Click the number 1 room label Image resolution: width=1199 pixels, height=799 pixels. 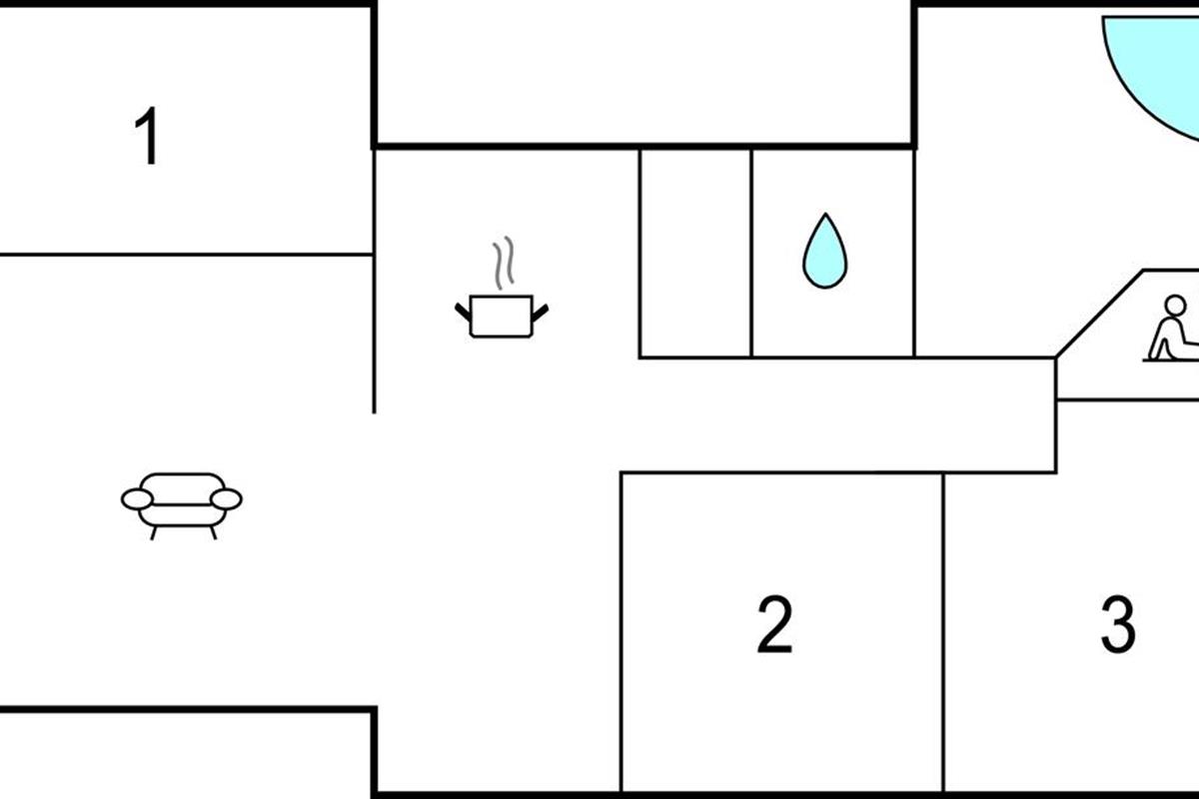pos(147,136)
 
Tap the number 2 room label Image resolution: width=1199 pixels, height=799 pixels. pos(774,624)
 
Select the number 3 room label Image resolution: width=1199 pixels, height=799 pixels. pos(1118,624)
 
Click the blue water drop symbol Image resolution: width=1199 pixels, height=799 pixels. pos(825,251)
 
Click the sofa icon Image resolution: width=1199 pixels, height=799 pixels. pos(182,505)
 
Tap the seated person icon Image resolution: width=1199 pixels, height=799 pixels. pos(1172,329)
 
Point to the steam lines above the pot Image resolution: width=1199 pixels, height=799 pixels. pos(504,263)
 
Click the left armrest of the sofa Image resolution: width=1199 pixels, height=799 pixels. pos(138,499)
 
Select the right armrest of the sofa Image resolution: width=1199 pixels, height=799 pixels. pos(226,499)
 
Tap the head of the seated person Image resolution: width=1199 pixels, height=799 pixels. pos(1175,305)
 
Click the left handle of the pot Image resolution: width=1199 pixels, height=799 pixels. pos(463,312)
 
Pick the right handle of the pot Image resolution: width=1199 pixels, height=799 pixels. pos(541,312)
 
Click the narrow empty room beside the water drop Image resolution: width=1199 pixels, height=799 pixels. pos(695,253)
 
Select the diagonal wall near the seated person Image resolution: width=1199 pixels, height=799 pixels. pos(1100,315)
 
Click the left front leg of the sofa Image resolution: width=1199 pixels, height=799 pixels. pos(154,533)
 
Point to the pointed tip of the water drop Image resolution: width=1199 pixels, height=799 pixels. pos(826,214)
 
